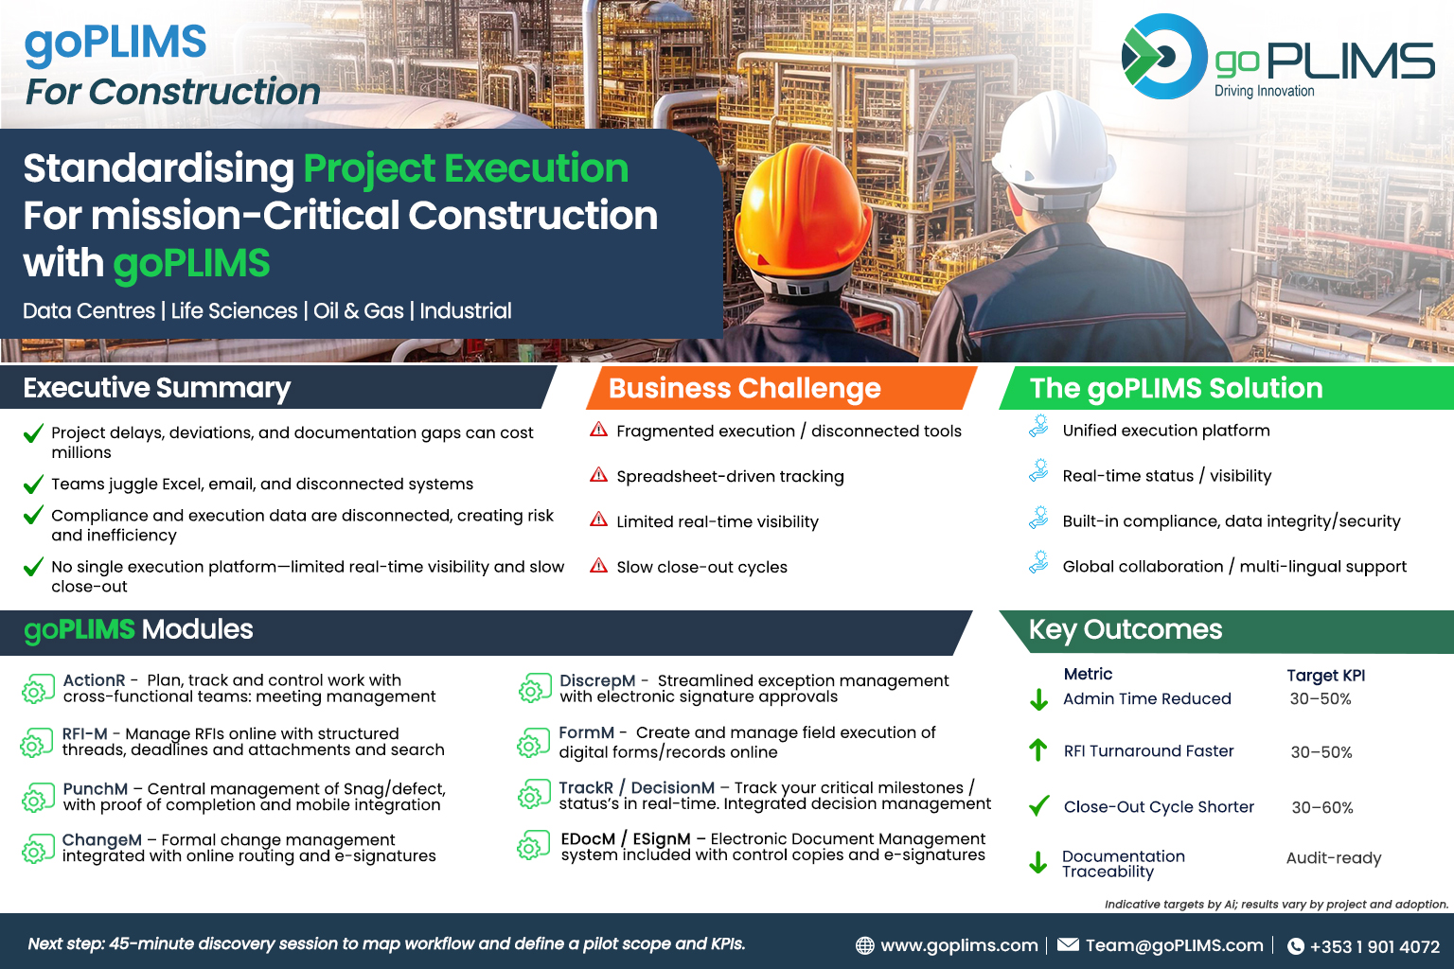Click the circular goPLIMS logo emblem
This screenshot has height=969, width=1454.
coord(1164,57)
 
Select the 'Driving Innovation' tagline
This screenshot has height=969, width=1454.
coord(1264,91)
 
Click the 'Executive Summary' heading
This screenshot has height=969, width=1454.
coord(156,387)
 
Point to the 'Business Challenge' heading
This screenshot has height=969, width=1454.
coord(745,388)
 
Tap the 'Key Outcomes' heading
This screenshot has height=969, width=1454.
coord(1126,629)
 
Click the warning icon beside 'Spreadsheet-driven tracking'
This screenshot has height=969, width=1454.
coord(598,475)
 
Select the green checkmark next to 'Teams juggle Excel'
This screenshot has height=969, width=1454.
coord(33,484)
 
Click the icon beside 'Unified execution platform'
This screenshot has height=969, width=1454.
coord(1038,427)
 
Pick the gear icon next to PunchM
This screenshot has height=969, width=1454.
coord(37,798)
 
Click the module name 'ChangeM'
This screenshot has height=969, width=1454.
coord(102,840)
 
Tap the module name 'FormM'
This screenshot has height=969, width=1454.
coord(586,732)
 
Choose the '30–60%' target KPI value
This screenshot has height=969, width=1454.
coord(1322,807)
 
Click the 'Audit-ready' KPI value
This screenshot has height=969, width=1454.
coord(1334,858)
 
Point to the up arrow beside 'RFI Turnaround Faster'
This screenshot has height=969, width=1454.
coord(1037,749)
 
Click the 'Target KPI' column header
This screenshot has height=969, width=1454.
coord(1326,676)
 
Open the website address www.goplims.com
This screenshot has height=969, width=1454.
coord(959,945)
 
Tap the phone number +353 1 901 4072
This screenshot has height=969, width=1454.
coord(1374,947)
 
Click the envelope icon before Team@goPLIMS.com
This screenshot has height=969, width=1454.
coord(1068,944)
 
